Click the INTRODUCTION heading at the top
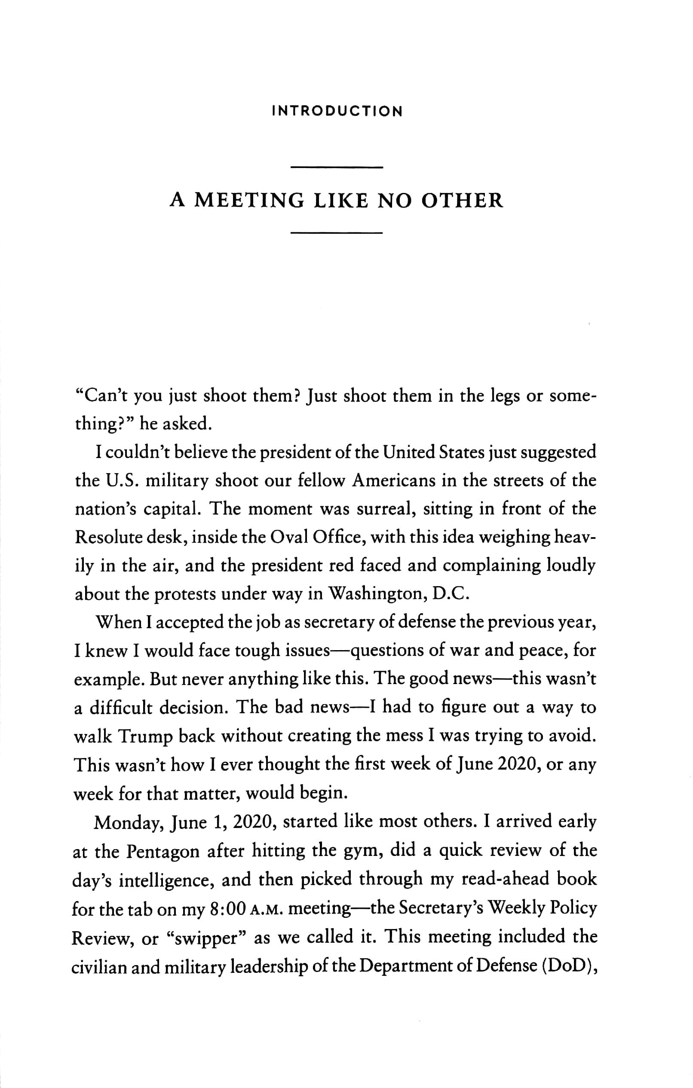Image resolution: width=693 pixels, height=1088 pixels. pos(337,112)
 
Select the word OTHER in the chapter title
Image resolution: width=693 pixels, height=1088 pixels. pos(462,201)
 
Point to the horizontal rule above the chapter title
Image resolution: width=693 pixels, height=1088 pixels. pos(337,168)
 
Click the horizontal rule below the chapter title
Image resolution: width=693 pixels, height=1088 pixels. pos(337,233)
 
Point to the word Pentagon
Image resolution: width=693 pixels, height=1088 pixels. pos(163,852)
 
